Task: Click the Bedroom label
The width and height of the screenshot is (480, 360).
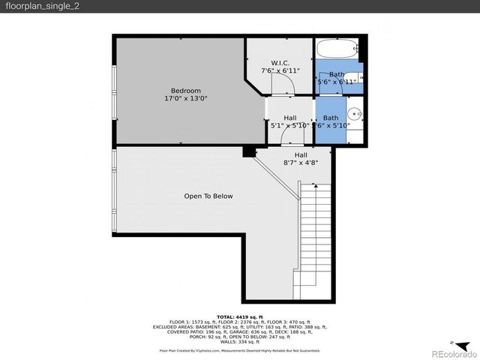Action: [186, 90]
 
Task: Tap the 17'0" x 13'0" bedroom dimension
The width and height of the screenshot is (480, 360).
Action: [186, 98]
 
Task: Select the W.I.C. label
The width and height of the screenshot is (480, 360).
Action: [280, 62]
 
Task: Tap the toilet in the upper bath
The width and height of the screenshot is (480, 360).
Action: [358, 77]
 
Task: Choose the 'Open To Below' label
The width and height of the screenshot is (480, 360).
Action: [208, 196]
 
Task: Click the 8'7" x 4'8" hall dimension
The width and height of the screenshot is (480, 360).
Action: [300, 162]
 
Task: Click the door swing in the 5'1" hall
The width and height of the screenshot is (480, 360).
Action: [286, 134]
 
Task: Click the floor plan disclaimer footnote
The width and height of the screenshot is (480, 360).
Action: [240, 350]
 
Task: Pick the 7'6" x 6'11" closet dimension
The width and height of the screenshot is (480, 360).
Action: [280, 70]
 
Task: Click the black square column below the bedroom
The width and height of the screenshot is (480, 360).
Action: [248, 152]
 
